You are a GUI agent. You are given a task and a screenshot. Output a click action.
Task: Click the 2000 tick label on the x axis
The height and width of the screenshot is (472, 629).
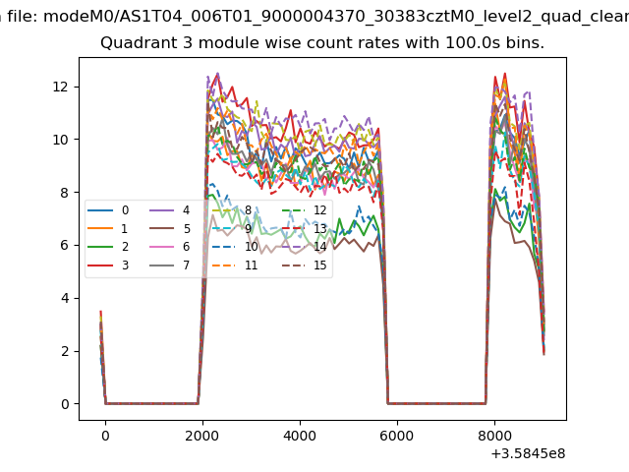pos(202,431)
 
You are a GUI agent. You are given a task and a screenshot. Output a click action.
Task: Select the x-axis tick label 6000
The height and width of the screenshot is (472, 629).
pos(397,431)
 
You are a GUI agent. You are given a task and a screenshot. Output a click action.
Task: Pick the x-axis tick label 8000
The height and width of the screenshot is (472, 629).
pos(494,431)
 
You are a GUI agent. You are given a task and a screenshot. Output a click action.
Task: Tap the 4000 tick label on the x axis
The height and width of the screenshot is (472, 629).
pos(300,431)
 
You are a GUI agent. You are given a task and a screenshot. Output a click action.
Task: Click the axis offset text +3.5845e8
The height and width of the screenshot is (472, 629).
pos(526,453)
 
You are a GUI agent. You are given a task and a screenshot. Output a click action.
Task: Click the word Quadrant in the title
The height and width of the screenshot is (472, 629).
pos(135,44)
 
